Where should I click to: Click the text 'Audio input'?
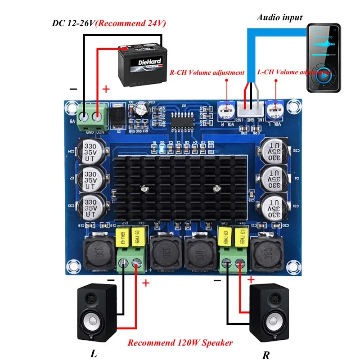pyautogui.click(x=279, y=18)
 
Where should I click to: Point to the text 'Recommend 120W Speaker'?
pyautogui.click(x=180, y=342)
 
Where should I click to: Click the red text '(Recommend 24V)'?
pyautogui.click(x=130, y=22)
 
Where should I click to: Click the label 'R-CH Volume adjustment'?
pyautogui.click(x=207, y=72)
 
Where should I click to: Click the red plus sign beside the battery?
pyautogui.click(x=106, y=89)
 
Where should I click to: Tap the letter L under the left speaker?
pyautogui.click(x=94, y=354)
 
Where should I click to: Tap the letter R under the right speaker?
pyautogui.click(x=266, y=355)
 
